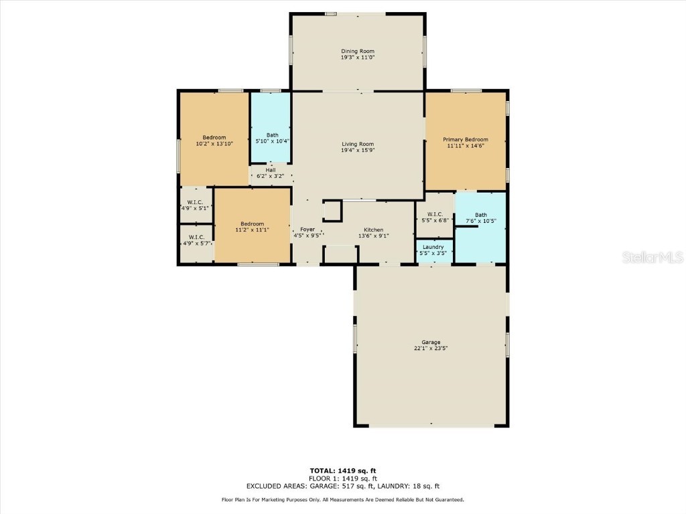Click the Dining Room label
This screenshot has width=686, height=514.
pyautogui.click(x=357, y=51)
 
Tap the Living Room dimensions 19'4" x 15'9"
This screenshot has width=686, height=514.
pyautogui.click(x=357, y=151)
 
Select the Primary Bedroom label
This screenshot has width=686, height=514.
pyautogui.click(x=465, y=139)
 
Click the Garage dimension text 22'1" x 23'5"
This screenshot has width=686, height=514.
pyautogui.click(x=431, y=348)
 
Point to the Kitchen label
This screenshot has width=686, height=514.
pyautogui.click(x=373, y=230)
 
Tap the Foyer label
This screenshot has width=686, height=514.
pyautogui.click(x=307, y=230)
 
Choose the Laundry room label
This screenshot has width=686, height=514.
pyautogui.click(x=433, y=247)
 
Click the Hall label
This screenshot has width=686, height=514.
pyautogui.click(x=270, y=170)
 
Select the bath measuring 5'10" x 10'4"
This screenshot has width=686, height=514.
pyautogui.click(x=271, y=138)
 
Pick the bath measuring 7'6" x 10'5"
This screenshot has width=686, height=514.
pyautogui.click(x=481, y=218)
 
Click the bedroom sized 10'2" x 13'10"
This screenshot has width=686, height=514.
pyautogui.click(x=214, y=140)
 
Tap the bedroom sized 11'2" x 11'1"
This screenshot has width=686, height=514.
pyautogui.click(x=252, y=226)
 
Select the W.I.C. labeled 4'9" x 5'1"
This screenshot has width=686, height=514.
pyautogui.click(x=196, y=205)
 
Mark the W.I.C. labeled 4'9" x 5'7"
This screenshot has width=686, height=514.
pyautogui.click(x=196, y=240)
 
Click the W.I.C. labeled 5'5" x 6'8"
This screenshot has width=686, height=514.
pyautogui.click(x=435, y=217)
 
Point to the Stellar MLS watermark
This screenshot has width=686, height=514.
pyautogui.click(x=652, y=257)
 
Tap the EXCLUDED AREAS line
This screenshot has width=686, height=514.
pyautogui.click(x=342, y=486)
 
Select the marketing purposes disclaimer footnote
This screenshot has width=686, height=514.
pyautogui.click(x=342, y=500)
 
